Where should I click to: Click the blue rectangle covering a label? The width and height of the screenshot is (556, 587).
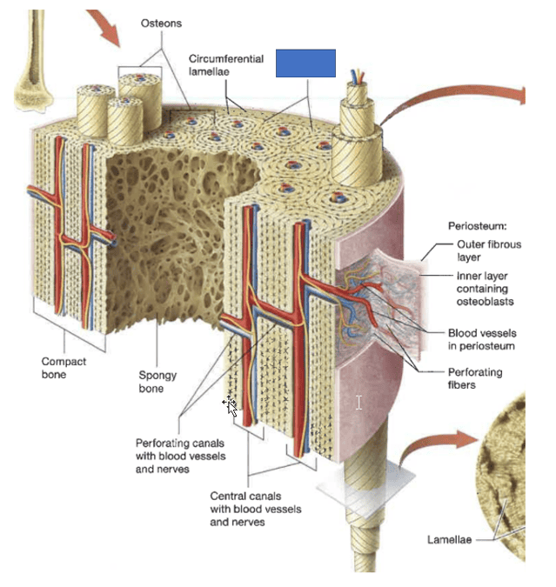[x=305, y=63]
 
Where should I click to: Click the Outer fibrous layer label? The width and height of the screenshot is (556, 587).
[x=488, y=251]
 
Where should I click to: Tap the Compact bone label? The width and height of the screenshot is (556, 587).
[x=64, y=368]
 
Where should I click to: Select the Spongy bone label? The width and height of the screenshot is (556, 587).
[x=157, y=382]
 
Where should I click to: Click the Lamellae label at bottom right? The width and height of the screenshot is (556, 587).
[x=449, y=540]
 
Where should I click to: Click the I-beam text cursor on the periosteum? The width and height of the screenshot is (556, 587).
[x=358, y=403]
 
